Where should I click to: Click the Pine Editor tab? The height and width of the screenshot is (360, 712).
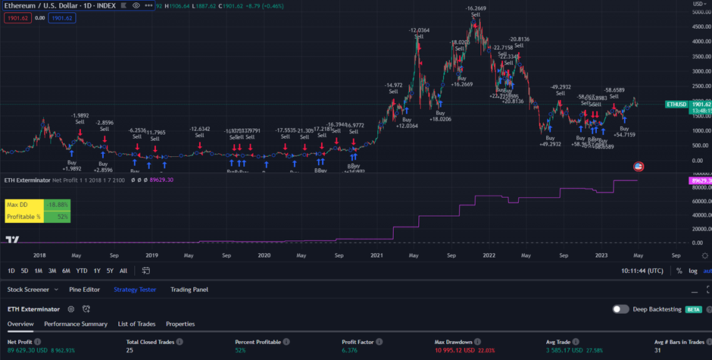click(x=84, y=290)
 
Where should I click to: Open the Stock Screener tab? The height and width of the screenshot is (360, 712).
click(x=28, y=290)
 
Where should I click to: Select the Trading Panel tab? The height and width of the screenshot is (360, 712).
click(x=189, y=290)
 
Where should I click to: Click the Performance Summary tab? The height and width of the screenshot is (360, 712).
click(x=76, y=324)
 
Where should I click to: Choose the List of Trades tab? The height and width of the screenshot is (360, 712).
click(x=136, y=324)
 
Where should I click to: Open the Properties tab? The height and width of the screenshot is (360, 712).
click(x=180, y=324)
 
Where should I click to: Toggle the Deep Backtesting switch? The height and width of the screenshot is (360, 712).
click(x=620, y=309)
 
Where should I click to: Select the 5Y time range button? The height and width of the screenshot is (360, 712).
click(x=111, y=271)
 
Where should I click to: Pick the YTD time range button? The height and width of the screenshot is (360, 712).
click(x=82, y=271)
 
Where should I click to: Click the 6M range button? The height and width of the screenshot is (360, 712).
click(x=66, y=271)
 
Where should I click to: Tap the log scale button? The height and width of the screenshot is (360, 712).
click(x=693, y=271)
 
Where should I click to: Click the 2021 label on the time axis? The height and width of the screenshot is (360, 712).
click(x=376, y=256)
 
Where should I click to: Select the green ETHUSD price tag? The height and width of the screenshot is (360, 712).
click(x=676, y=104)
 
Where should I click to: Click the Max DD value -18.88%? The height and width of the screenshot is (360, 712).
click(x=58, y=205)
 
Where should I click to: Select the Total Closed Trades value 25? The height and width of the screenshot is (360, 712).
click(x=130, y=351)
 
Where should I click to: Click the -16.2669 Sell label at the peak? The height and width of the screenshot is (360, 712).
click(x=475, y=11)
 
